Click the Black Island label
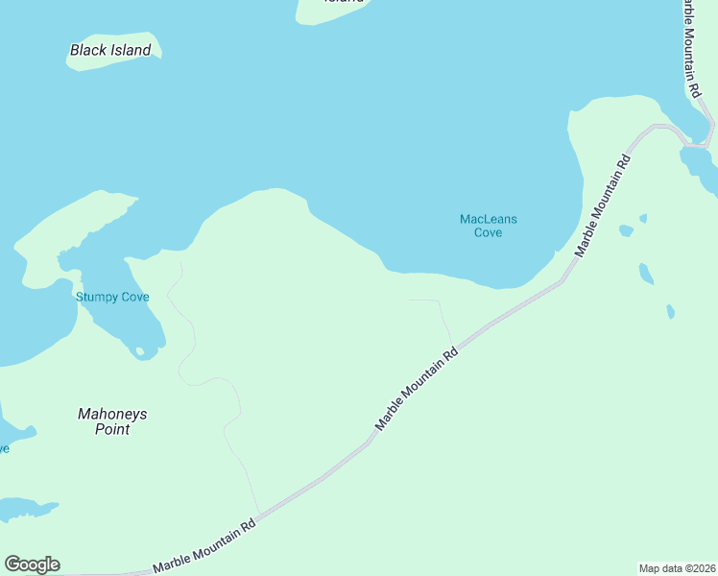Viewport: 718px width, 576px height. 110,50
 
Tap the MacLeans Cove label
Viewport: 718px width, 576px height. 488,226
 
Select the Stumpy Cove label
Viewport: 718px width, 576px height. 112,297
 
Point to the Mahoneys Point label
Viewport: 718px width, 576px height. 112,421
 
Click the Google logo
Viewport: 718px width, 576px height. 32,564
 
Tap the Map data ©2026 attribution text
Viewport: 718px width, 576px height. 678,567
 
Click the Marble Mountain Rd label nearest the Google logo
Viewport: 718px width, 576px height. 203,547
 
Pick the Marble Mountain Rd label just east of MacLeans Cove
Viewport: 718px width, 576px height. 602,203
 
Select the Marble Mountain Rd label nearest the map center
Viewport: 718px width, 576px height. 417,388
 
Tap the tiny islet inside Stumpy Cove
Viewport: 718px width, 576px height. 140,352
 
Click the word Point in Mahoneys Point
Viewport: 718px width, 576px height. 112,429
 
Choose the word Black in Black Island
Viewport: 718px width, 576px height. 89,50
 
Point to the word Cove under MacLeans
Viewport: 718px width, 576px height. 488,232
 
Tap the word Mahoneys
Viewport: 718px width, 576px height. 112,414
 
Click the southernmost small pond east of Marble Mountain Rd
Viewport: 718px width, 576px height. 670,311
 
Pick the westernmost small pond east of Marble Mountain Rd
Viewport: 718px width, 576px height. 626,230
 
